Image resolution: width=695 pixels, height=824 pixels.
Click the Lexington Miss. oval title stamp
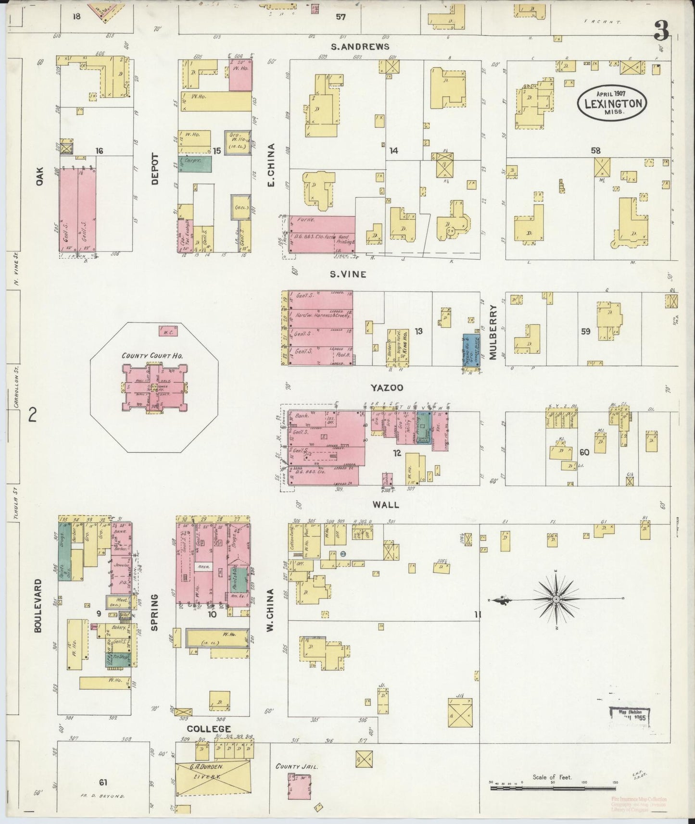click(x=612, y=103)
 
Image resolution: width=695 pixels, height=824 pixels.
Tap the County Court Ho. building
click(x=154, y=387)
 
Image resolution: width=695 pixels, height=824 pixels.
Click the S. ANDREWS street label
click(x=360, y=46)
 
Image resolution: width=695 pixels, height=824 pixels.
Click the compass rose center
click(x=556, y=599)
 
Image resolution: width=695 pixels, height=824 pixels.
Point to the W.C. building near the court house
click(x=167, y=331)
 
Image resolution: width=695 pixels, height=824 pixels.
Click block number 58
click(x=595, y=150)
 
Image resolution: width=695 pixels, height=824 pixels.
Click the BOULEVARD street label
click(x=38, y=604)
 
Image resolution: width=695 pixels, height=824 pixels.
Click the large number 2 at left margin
click(x=33, y=414)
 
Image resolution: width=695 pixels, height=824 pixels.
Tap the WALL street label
click(x=386, y=504)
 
